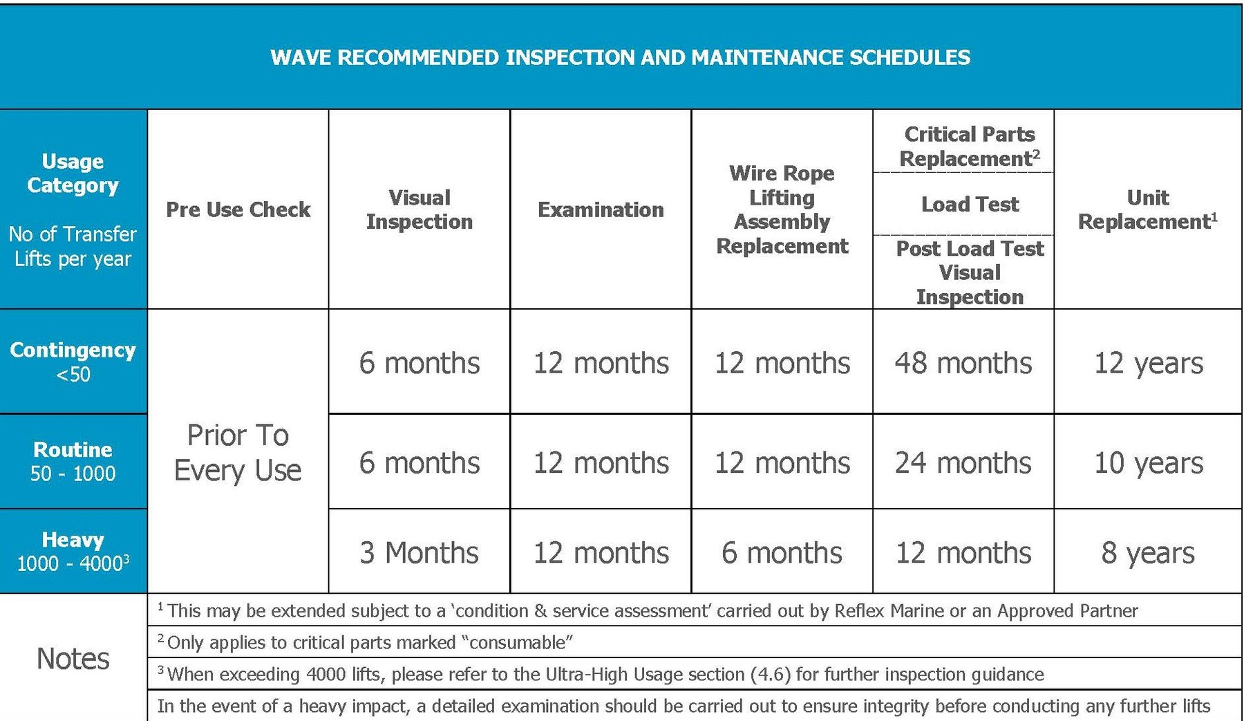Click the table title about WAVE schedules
tap(620, 57)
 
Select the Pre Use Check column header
tap(238, 209)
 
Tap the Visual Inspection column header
tap(420, 209)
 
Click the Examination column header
tap(601, 209)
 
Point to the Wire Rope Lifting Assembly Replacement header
tap(782, 209)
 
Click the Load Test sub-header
tap(970, 205)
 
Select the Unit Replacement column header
tap(1147, 209)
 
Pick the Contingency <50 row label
tap(73, 362)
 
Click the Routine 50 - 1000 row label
tap(73, 461)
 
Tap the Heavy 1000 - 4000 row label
tap(73, 551)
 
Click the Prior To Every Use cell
tap(238, 452)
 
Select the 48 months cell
tap(963, 363)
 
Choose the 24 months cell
tap(963, 462)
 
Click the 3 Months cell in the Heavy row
tap(420, 552)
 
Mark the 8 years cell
tap(1147, 552)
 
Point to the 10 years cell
tap(1147, 462)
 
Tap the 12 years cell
tap(1147, 363)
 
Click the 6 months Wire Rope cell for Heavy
tap(782, 552)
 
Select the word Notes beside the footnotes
tap(73, 658)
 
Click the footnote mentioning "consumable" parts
tap(370, 642)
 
